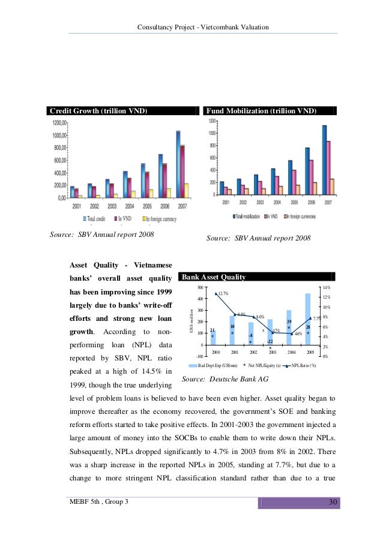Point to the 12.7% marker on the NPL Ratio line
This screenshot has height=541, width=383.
tap(216, 293)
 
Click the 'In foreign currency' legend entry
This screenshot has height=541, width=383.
tap(162, 219)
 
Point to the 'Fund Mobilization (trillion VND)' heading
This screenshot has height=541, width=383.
tap(261, 111)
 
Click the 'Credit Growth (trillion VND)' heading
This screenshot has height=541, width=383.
tap(98, 111)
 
